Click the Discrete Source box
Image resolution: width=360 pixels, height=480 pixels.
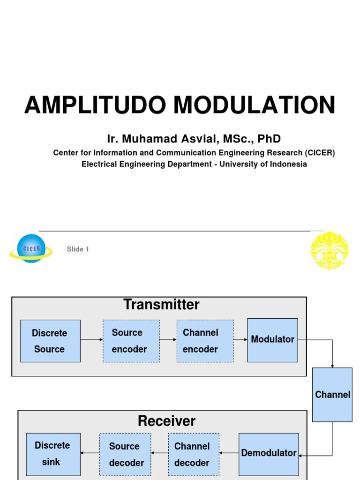click(50, 341)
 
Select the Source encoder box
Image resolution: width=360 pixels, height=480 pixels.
click(131, 341)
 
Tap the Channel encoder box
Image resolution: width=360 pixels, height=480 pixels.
click(205, 341)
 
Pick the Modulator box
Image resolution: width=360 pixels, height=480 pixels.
click(272, 340)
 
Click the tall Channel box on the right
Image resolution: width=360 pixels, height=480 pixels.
click(332, 394)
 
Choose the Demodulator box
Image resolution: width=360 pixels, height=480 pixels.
click(269, 454)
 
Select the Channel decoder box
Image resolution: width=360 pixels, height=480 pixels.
click(193, 454)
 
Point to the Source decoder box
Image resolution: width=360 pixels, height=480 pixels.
click(125, 454)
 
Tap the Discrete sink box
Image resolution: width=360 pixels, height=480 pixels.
click(53, 454)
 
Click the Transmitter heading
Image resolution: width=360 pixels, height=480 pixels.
click(161, 305)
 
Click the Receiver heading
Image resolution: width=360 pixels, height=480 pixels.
click(166, 420)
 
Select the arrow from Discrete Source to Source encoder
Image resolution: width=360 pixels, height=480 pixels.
click(91, 339)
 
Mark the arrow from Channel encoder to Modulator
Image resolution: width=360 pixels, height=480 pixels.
click(240, 339)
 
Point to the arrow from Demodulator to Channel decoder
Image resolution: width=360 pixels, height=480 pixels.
click(229, 453)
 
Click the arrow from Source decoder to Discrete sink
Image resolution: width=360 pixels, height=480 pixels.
click(90, 453)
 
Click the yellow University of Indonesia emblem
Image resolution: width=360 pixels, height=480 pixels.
click(330, 250)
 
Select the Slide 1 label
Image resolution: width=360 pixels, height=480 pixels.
click(78, 249)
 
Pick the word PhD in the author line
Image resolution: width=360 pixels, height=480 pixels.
click(269, 139)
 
